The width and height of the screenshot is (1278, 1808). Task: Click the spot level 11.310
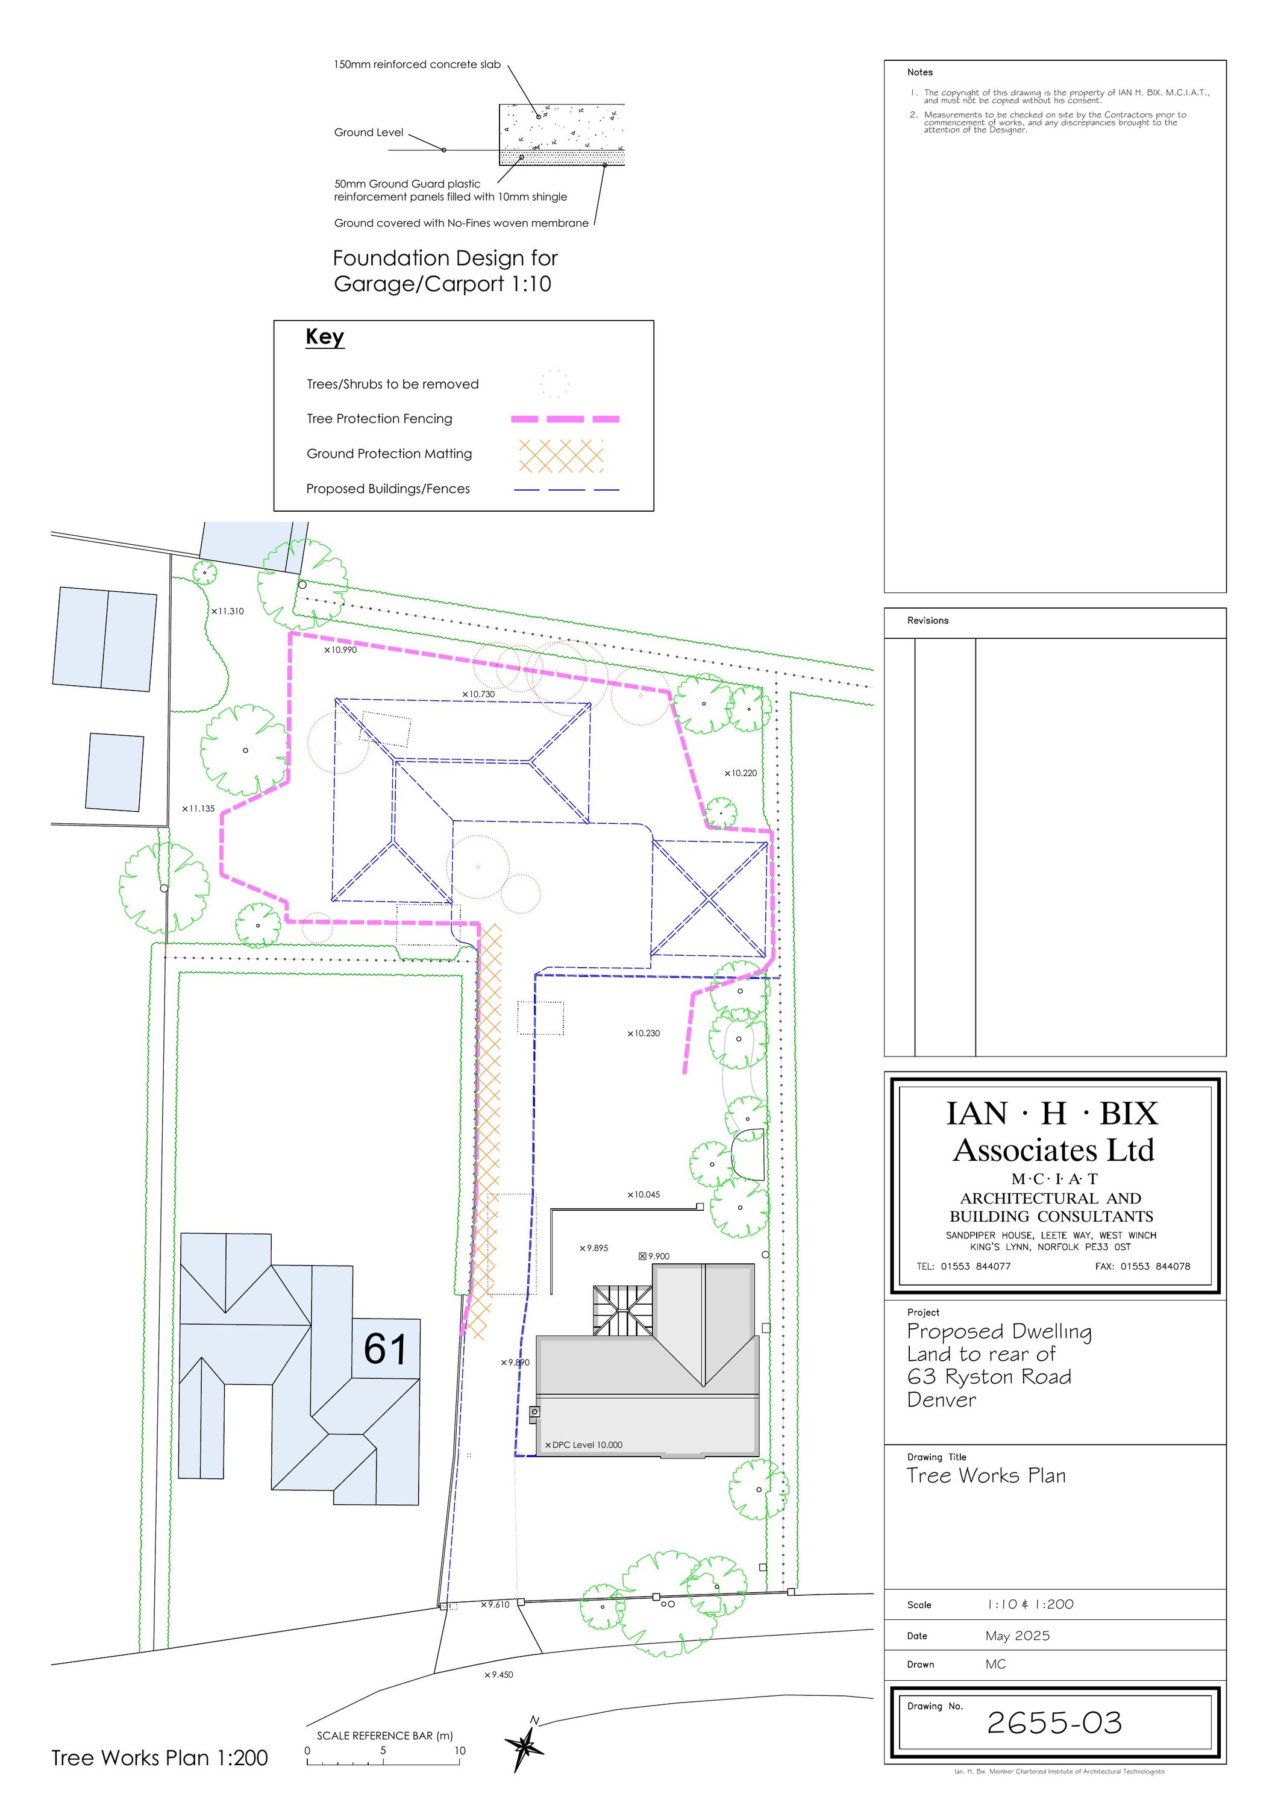pos(228,611)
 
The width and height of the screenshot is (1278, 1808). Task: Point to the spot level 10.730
pos(479,694)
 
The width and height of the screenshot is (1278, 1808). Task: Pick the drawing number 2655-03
pos(1054,1723)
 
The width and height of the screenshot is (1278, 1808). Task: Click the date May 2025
pos(1017,1636)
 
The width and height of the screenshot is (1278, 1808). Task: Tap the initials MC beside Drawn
pos(995,1664)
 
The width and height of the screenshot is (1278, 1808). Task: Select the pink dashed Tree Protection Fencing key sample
pos(565,419)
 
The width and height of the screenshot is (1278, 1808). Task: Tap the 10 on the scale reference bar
pos(460,1751)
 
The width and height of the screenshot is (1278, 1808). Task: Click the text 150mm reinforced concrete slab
pos(418,64)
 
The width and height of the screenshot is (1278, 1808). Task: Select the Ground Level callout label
pos(369,133)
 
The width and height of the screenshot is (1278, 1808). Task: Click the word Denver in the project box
pos(941,1399)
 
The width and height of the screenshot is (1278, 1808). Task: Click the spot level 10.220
pos(741,773)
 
